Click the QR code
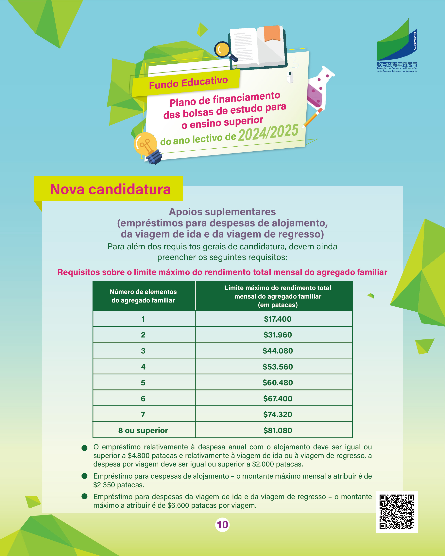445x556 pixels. (x=397, y=512)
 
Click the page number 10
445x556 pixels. (x=222, y=525)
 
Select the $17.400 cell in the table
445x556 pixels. (x=278, y=319)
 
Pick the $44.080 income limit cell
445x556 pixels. (x=278, y=351)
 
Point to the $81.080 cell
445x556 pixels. (x=278, y=430)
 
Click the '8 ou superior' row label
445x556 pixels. (x=143, y=430)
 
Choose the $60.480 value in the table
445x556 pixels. (x=278, y=383)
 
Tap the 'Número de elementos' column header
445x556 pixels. (x=143, y=296)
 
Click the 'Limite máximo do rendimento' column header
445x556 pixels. (x=278, y=296)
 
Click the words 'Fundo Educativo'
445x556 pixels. (x=188, y=83)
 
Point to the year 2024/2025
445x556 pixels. (x=268, y=133)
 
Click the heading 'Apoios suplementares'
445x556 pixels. (x=222, y=212)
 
